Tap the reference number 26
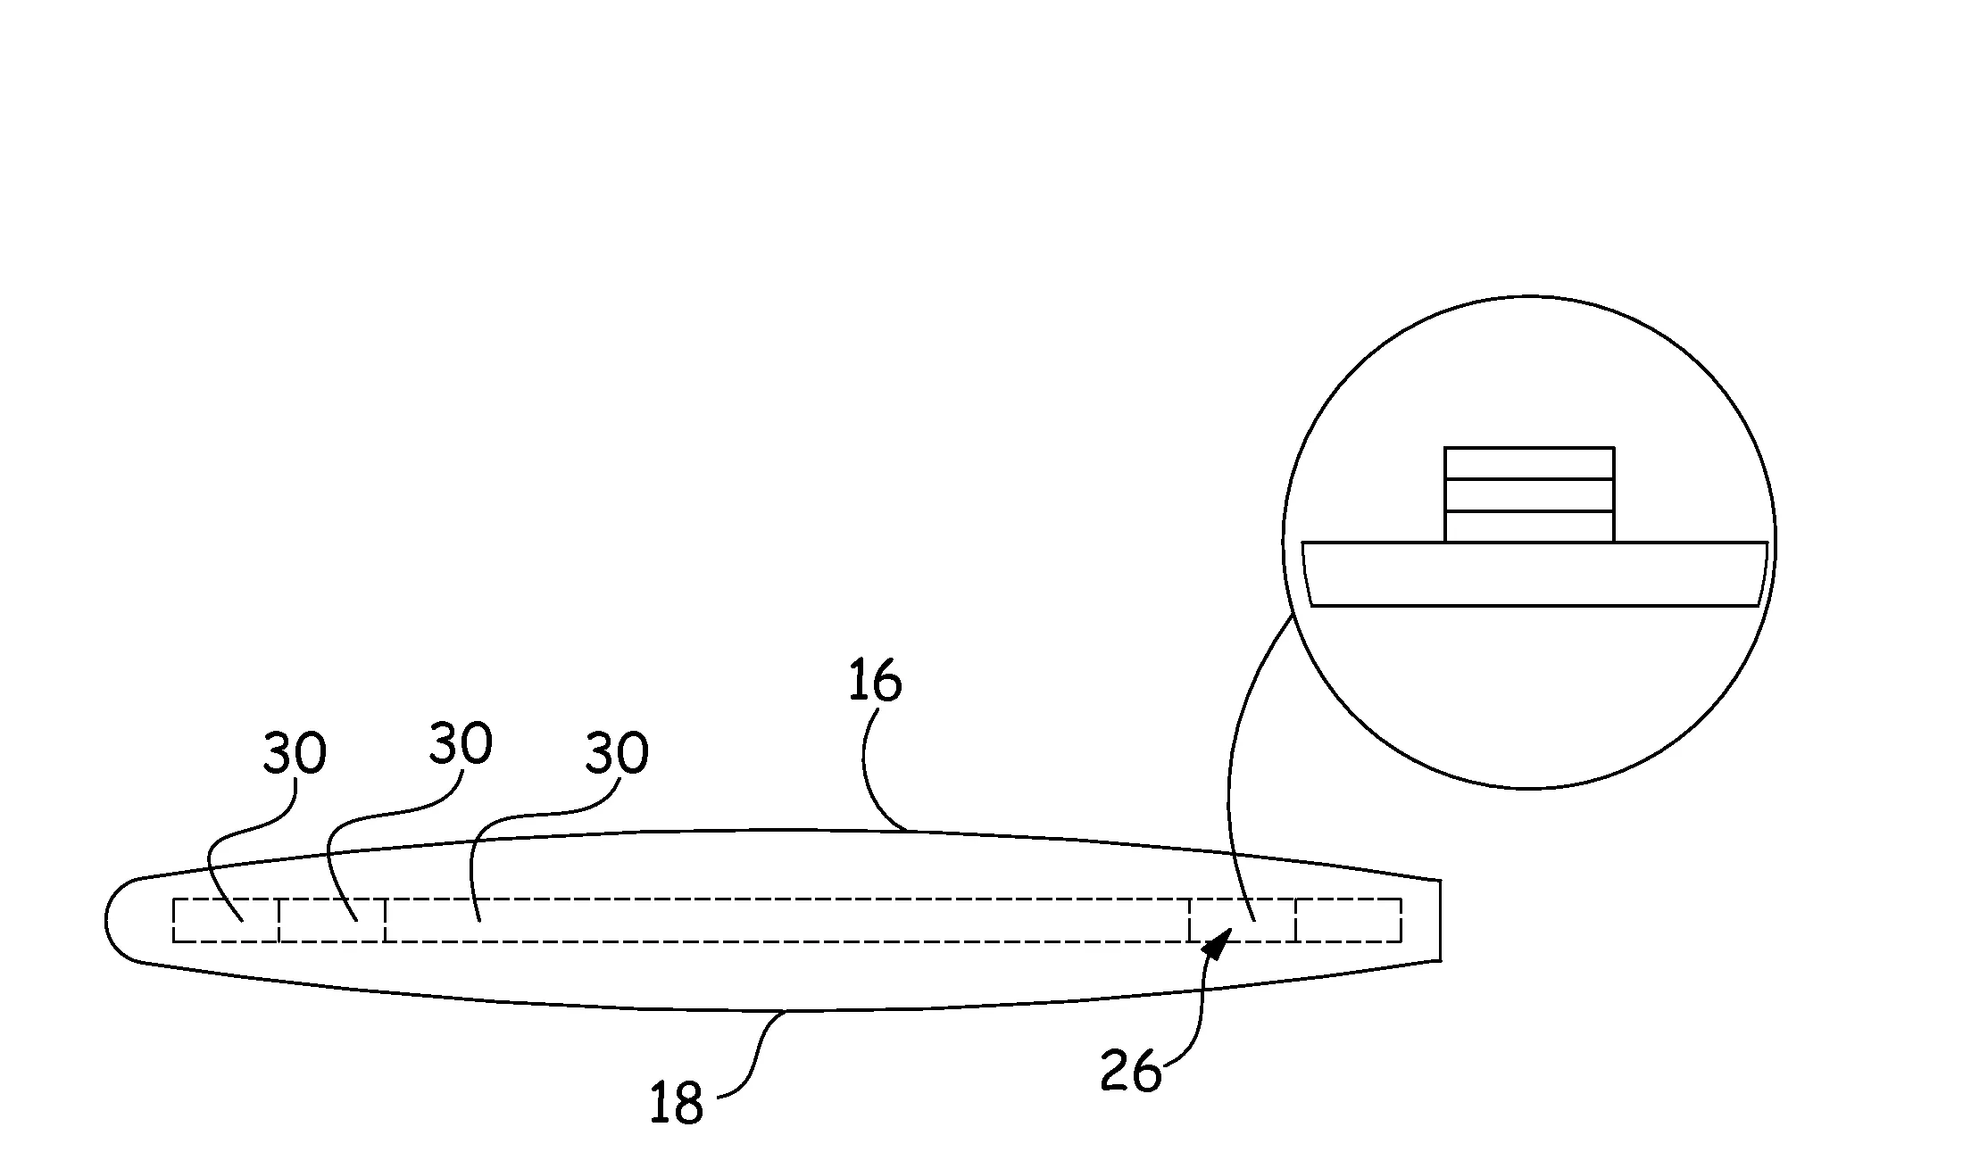coord(1131,1070)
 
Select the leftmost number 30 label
coord(295,754)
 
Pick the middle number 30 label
coord(461,742)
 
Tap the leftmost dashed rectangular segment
coord(226,920)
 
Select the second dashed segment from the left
coord(332,920)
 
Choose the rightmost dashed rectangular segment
coord(1349,920)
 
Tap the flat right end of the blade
coord(1441,920)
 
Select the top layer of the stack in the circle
coord(1529,463)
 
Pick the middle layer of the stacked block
coord(1529,495)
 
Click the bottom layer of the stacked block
coord(1529,526)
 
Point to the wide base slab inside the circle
coord(1534,574)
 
